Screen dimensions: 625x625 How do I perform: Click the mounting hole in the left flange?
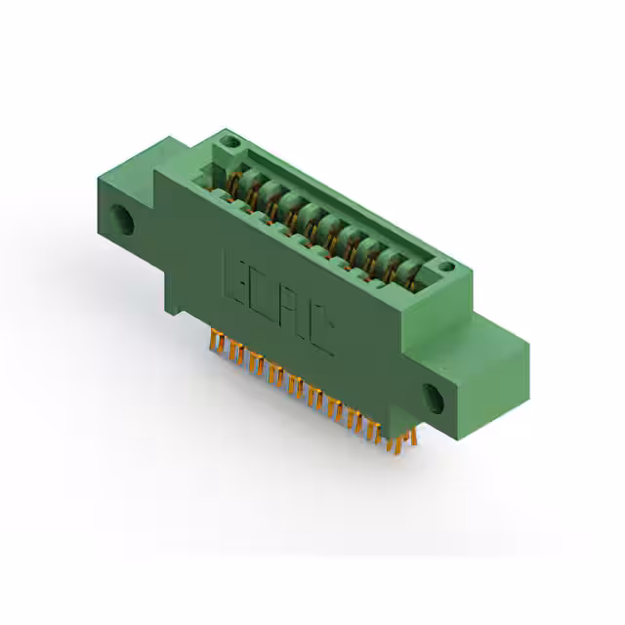pyautogui.click(x=123, y=219)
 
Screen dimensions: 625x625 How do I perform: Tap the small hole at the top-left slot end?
pyautogui.click(x=230, y=143)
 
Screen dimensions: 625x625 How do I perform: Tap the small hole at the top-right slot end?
pyautogui.click(x=445, y=266)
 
